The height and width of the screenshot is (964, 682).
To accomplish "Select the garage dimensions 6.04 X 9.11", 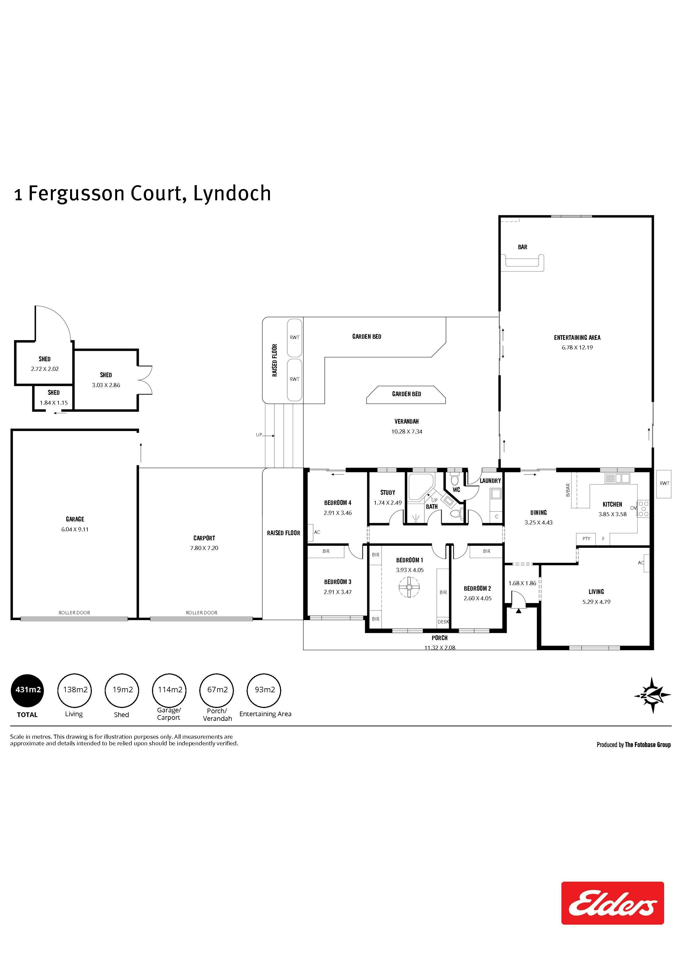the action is [x=75, y=529].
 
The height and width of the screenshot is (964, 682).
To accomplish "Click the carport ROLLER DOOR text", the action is [x=202, y=613].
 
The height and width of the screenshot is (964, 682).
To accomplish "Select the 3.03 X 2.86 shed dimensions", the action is [x=106, y=385].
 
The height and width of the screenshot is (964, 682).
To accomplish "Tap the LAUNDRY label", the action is [x=490, y=481].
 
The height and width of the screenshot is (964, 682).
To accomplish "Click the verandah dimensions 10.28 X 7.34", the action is [x=407, y=431].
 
